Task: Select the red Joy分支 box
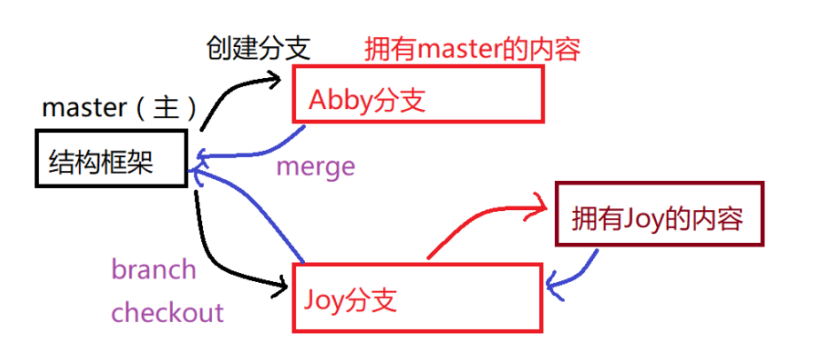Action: pos(417,298)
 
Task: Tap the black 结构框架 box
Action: pos(111,160)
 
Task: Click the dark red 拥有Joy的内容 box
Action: pos(659,214)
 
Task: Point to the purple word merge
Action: pos(316,166)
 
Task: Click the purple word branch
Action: pos(153,269)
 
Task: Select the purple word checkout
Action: pos(168,312)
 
